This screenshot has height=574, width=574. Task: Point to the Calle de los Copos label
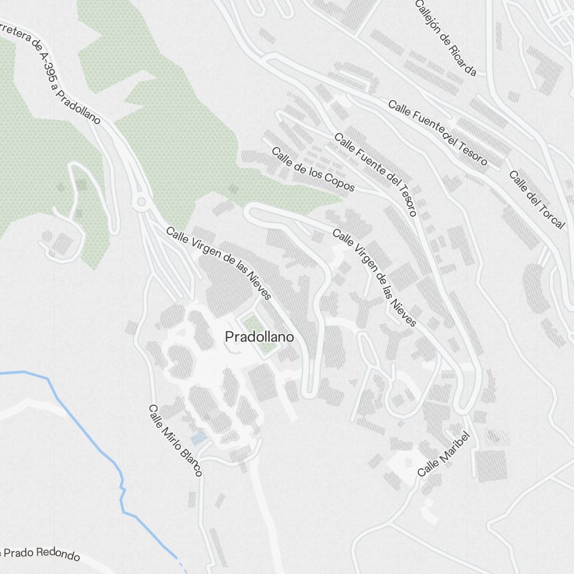(313, 170)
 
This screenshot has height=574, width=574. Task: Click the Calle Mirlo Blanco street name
(176, 440)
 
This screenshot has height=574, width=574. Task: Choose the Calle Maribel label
(444, 454)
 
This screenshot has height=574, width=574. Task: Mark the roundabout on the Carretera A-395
(140, 201)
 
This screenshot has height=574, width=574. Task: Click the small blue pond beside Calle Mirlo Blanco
(199, 439)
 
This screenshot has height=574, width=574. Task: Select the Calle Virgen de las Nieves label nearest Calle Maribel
(374, 278)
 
